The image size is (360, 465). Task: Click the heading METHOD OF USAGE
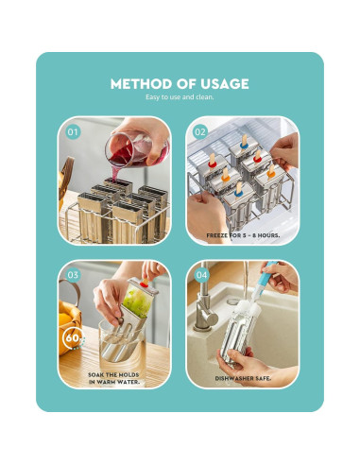(x=180, y=83)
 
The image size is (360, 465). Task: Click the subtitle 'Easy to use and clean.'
(x=180, y=98)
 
